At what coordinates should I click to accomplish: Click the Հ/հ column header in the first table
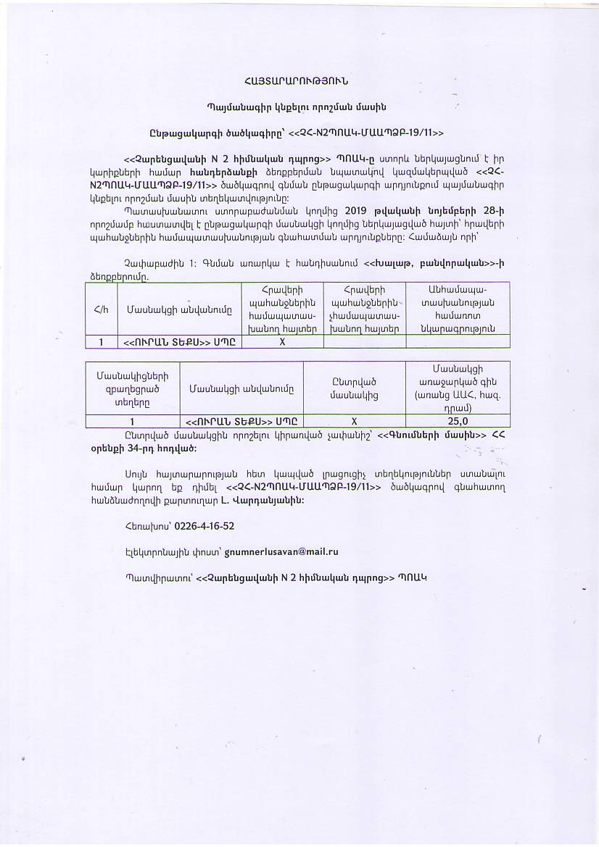(101, 310)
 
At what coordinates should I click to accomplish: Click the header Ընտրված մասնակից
(354, 388)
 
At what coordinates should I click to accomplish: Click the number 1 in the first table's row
(101, 342)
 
